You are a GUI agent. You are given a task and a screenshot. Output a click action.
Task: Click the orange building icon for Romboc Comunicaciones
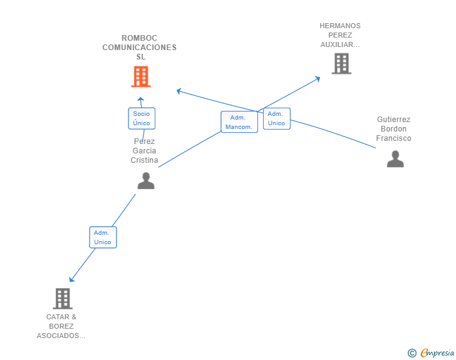(141, 76)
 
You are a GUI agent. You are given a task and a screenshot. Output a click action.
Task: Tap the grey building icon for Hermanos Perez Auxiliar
(341, 63)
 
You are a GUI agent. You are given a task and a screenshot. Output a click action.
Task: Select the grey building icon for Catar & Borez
(63, 299)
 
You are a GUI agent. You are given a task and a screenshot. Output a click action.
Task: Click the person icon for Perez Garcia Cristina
(146, 180)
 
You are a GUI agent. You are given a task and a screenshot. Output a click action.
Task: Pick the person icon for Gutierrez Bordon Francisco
(395, 159)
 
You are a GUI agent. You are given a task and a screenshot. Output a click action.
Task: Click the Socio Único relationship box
(142, 118)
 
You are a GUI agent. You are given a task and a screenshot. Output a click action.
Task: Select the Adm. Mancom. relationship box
(239, 122)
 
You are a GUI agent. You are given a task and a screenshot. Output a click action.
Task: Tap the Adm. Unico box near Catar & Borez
(103, 237)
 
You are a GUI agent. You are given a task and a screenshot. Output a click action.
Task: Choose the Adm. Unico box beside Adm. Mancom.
(276, 118)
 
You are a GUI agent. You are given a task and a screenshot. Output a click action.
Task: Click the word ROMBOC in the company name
(140, 38)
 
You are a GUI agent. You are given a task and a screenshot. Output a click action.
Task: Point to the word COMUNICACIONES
(140, 48)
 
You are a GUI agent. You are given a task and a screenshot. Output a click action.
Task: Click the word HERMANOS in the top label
(340, 26)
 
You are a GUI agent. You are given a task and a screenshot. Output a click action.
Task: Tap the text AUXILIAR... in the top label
(340, 45)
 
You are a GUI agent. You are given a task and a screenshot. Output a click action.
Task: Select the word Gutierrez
(394, 120)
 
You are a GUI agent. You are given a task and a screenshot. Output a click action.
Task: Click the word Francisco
(394, 138)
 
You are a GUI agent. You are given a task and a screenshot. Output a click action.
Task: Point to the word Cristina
(144, 160)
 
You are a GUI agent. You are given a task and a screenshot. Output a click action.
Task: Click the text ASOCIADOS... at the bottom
(61, 336)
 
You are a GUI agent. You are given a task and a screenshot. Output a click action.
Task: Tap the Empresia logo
(437, 353)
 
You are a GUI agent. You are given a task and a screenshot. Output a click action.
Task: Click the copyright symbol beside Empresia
(412, 353)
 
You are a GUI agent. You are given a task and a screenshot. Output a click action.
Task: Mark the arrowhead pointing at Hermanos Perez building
(318, 78)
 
